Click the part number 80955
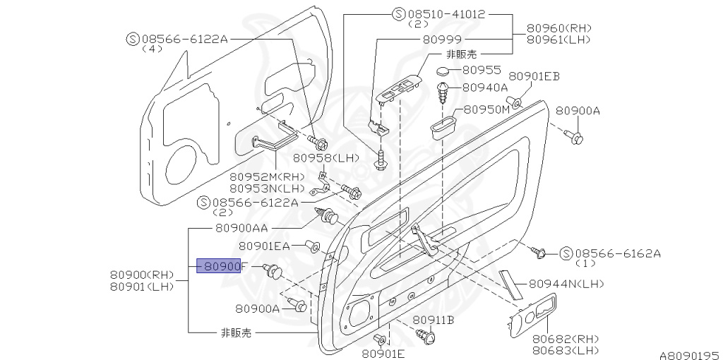click(x=482, y=71)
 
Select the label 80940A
click(x=485, y=88)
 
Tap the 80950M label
click(x=486, y=111)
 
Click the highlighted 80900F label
click(x=222, y=267)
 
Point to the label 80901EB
click(x=534, y=76)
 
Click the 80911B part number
click(x=434, y=320)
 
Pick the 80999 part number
click(x=443, y=41)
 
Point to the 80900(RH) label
click(x=142, y=274)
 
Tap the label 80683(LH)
click(x=565, y=350)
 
